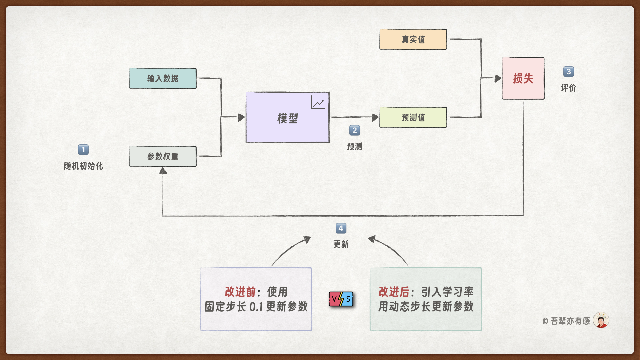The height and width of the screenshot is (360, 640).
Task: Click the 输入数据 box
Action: point(163,78)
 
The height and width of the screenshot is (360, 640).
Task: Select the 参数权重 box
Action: point(163,156)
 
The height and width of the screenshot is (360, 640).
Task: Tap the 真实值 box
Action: point(413,39)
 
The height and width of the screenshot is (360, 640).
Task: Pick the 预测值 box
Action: point(413,117)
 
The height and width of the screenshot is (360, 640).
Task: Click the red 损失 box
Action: point(523,78)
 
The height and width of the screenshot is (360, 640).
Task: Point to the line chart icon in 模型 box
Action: point(318,102)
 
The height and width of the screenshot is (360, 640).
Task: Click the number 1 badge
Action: point(83,150)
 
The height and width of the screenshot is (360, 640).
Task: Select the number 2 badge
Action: point(354,130)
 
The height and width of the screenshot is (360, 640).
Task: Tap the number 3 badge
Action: point(568,72)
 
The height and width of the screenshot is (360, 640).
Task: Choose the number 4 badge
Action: point(341,228)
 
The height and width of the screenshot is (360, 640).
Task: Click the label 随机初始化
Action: point(83,166)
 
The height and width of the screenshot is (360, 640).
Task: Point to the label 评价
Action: point(568,88)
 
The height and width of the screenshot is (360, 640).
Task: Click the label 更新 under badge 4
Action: point(341,244)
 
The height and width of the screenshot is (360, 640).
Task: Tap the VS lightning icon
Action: point(341,299)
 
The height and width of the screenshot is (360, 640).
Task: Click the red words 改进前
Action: point(240,292)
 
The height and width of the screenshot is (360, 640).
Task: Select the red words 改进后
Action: point(394,292)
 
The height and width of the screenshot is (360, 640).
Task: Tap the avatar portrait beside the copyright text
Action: point(601,320)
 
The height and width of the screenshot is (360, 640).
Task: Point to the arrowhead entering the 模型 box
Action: point(242,117)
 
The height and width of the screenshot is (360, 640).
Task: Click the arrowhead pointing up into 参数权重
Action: point(163,171)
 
